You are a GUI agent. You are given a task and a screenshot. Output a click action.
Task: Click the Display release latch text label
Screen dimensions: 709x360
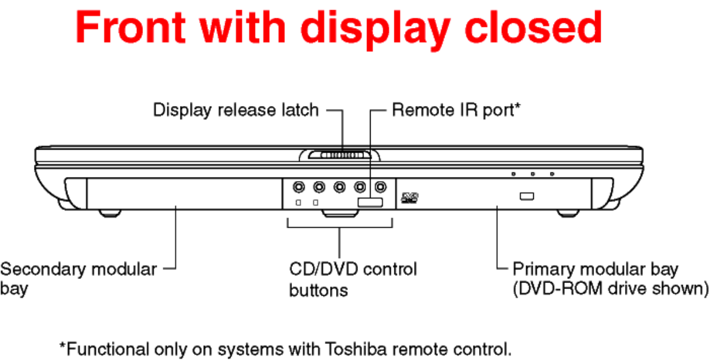(235, 110)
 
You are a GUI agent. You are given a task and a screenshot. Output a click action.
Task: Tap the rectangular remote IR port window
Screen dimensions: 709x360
(371, 202)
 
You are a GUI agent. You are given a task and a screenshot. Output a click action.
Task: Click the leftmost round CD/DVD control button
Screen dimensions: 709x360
(298, 186)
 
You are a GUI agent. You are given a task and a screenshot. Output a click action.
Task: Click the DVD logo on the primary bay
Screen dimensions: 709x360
(410, 197)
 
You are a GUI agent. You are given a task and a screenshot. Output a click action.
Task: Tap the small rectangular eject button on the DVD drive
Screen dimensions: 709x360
(527, 196)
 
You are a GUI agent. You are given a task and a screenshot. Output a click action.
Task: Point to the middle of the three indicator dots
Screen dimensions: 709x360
(533, 173)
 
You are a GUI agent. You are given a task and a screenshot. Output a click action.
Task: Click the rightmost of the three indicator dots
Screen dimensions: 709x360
(552, 173)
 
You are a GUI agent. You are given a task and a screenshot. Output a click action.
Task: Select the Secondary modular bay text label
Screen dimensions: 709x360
(78, 278)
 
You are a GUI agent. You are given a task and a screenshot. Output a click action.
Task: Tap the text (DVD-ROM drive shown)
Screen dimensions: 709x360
(610, 288)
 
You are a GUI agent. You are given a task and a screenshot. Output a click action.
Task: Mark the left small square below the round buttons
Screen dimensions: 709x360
(298, 202)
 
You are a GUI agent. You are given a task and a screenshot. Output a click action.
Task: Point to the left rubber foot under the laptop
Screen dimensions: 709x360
(110, 213)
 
